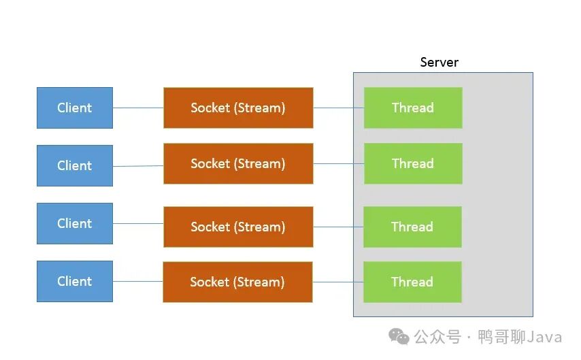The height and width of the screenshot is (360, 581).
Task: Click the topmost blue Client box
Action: point(75,108)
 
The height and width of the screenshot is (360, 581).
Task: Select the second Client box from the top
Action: point(75,166)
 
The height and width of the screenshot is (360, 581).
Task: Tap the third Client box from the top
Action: point(75,224)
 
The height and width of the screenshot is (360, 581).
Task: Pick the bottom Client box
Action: point(75,282)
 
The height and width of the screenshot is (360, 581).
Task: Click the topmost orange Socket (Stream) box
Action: point(238,108)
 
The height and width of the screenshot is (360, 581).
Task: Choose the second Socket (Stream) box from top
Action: point(238,163)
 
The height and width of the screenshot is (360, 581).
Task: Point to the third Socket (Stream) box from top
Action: point(238,227)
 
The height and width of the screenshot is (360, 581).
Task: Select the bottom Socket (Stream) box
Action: point(237,282)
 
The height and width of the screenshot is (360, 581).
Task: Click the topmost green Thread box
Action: point(413,108)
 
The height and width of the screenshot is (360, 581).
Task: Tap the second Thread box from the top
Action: point(413,163)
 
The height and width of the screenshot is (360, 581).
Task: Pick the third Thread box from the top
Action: point(412,227)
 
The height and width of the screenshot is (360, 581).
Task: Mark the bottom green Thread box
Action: point(412,282)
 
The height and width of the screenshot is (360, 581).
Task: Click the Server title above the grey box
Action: point(439,63)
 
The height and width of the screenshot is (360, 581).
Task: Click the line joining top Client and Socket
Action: point(138,108)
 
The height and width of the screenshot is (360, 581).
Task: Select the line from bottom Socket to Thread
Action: point(338,282)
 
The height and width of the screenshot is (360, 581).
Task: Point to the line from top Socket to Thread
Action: point(339,108)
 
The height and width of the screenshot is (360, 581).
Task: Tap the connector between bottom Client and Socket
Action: point(138,282)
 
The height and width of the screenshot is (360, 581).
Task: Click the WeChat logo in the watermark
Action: point(399,337)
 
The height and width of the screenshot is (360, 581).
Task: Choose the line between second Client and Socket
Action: point(138,166)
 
